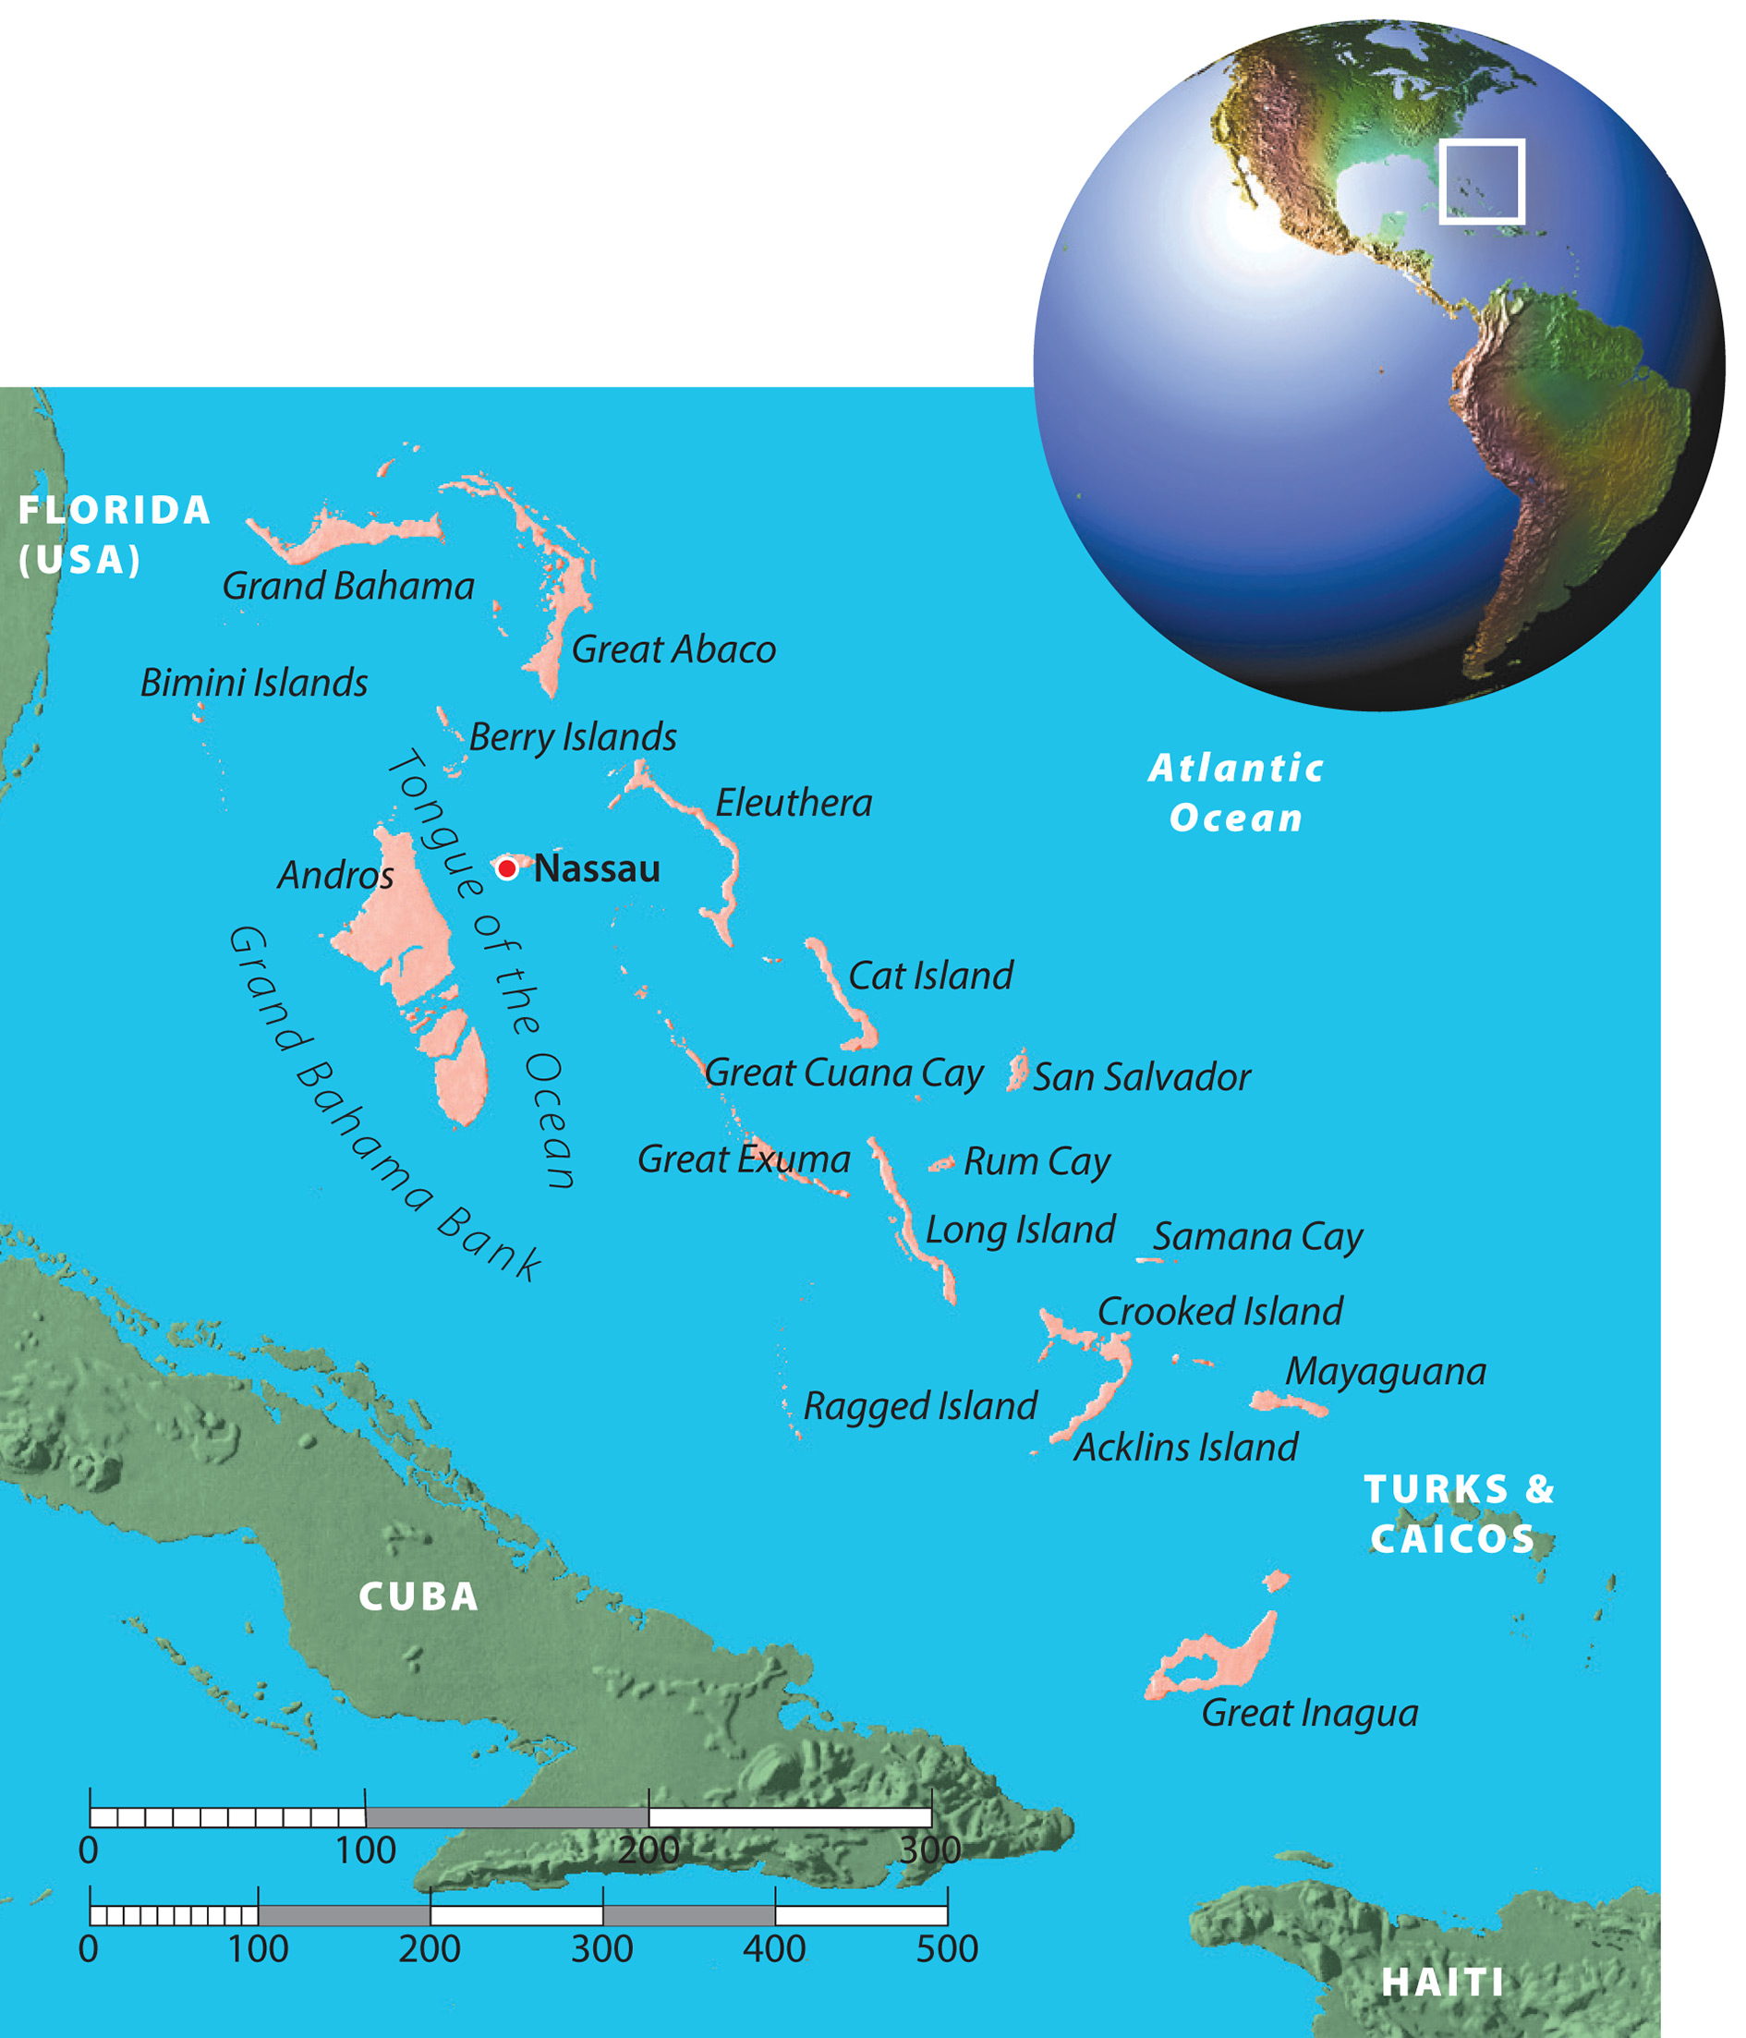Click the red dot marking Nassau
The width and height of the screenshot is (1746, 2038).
coord(506,868)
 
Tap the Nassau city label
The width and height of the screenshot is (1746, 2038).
coord(597,868)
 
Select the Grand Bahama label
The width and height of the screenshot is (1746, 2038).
coord(348,587)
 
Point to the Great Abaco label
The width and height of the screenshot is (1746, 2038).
coord(673,649)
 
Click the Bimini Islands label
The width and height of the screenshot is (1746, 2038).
coord(254,683)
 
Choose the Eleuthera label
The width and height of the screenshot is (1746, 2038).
coord(794,803)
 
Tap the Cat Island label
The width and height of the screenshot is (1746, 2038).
coord(930,976)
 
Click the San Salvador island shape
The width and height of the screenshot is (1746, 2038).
coord(1018,1069)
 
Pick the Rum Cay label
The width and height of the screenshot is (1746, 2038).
coord(1037,1161)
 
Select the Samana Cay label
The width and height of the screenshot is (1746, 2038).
coord(1258,1236)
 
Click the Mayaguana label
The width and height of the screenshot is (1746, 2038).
coord(1385,1371)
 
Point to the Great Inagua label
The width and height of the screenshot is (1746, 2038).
coord(1309,1713)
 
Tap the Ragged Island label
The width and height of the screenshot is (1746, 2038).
coord(920,1405)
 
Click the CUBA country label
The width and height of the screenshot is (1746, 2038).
coord(418,1596)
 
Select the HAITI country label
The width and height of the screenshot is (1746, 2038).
coord(1443,1982)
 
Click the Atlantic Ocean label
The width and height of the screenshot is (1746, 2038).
coord(1236,793)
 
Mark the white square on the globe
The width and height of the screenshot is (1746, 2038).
coord(1482,182)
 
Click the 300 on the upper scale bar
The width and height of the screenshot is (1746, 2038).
coord(929,1850)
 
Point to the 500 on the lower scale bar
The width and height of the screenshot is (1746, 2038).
coord(946,1948)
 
